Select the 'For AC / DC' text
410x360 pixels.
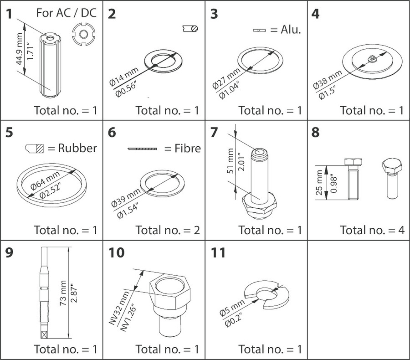click(67, 13)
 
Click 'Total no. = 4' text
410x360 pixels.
click(372, 230)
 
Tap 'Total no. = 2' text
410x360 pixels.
click(168, 230)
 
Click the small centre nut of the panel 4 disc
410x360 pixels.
click(372, 57)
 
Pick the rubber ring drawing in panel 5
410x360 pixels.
click(50, 182)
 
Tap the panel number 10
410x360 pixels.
click(116, 253)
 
